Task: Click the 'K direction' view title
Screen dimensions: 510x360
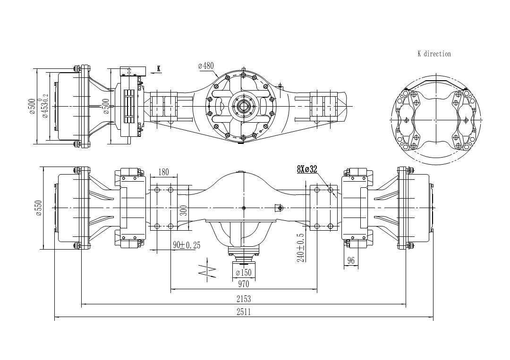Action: click(x=434, y=54)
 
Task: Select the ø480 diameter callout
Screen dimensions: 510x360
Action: click(x=206, y=66)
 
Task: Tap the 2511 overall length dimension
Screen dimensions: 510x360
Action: click(x=244, y=312)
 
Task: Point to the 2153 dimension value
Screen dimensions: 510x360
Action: click(x=244, y=298)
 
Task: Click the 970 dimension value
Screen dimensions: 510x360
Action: click(x=244, y=284)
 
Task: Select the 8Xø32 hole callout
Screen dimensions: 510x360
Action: click(x=307, y=169)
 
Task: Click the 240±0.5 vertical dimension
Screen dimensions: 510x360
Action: click(x=300, y=248)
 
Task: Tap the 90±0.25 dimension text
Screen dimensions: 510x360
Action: click(x=187, y=245)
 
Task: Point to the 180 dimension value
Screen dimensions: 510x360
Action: click(x=163, y=172)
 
